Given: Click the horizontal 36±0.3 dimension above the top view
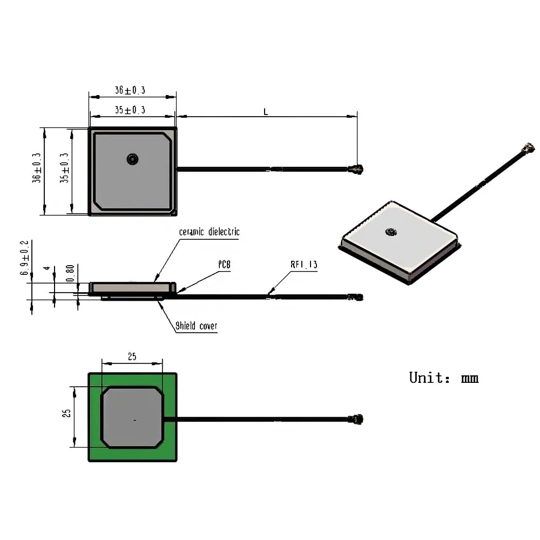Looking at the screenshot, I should pos(130,90).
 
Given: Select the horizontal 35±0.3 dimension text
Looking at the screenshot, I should pos(130,110).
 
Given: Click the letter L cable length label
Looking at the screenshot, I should pos(266,112).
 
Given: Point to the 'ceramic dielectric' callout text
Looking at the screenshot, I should pos(209,232).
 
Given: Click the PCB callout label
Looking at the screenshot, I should pos(225,265).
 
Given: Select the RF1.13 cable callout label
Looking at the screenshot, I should pos(304,265).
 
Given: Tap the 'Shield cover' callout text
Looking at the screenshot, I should pos(197,326).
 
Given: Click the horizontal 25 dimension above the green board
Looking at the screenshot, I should pos(132,356).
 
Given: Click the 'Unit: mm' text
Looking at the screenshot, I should pos(443,377).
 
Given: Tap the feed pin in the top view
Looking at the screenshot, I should pos(132,159).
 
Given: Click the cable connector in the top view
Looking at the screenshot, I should pos(356,170).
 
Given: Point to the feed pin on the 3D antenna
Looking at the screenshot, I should pos(390,232).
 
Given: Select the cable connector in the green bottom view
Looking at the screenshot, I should pos(356,419).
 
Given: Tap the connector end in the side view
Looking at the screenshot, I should pos(355,297).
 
